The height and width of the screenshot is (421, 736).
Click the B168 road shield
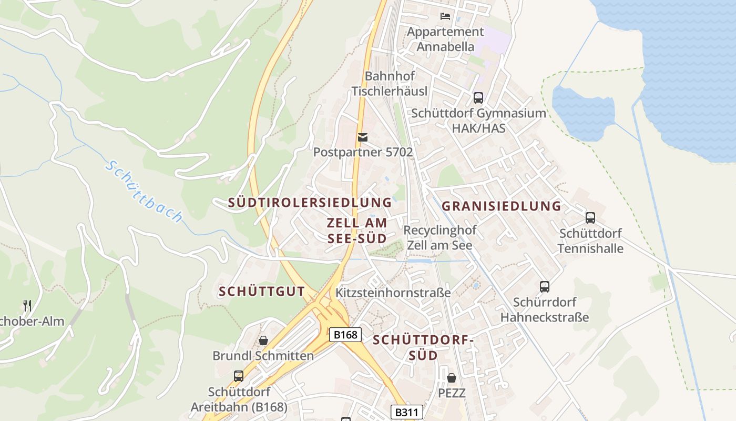(345, 335)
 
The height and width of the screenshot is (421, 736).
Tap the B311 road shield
(406, 413)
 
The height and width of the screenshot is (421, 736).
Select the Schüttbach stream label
(144, 191)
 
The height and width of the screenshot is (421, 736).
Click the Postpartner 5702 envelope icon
(362, 137)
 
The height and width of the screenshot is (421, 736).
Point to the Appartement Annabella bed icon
(445, 16)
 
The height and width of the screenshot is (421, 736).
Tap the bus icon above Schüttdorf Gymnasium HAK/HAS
(478, 97)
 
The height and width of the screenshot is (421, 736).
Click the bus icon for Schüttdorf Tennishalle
(590, 218)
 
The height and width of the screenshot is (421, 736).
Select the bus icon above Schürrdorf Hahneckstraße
(545, 287)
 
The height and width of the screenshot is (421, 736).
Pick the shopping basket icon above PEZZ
(451, 378)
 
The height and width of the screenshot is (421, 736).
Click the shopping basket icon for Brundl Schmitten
(263, 340)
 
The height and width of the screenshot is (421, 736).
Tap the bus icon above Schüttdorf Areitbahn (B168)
(239, 376)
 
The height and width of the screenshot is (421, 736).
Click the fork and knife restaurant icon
(27, 305)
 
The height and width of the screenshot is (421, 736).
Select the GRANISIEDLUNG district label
(501, 206)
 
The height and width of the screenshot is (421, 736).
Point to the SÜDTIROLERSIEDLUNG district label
(310, 203)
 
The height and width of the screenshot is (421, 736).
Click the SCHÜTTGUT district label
(261, 292)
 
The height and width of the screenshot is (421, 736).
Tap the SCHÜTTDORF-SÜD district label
(423, 347)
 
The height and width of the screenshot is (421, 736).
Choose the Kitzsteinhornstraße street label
(393, 293)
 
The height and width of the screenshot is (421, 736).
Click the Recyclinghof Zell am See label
(439, 237)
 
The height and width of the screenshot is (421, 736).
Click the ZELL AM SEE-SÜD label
(357, 230)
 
